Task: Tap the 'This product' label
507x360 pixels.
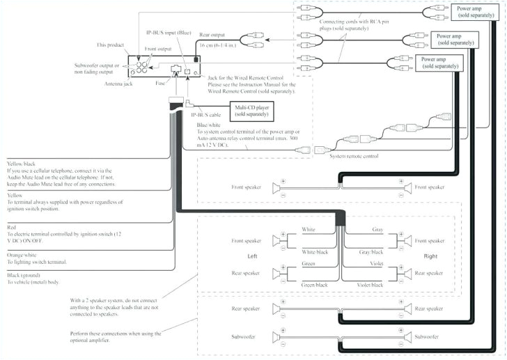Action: [x=110, y=44]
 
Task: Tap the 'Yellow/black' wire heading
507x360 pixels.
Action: [x=22, y=163]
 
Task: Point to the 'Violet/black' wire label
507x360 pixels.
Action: [x=368, y=285]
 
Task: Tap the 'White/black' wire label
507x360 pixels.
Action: [x=315, y=252]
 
